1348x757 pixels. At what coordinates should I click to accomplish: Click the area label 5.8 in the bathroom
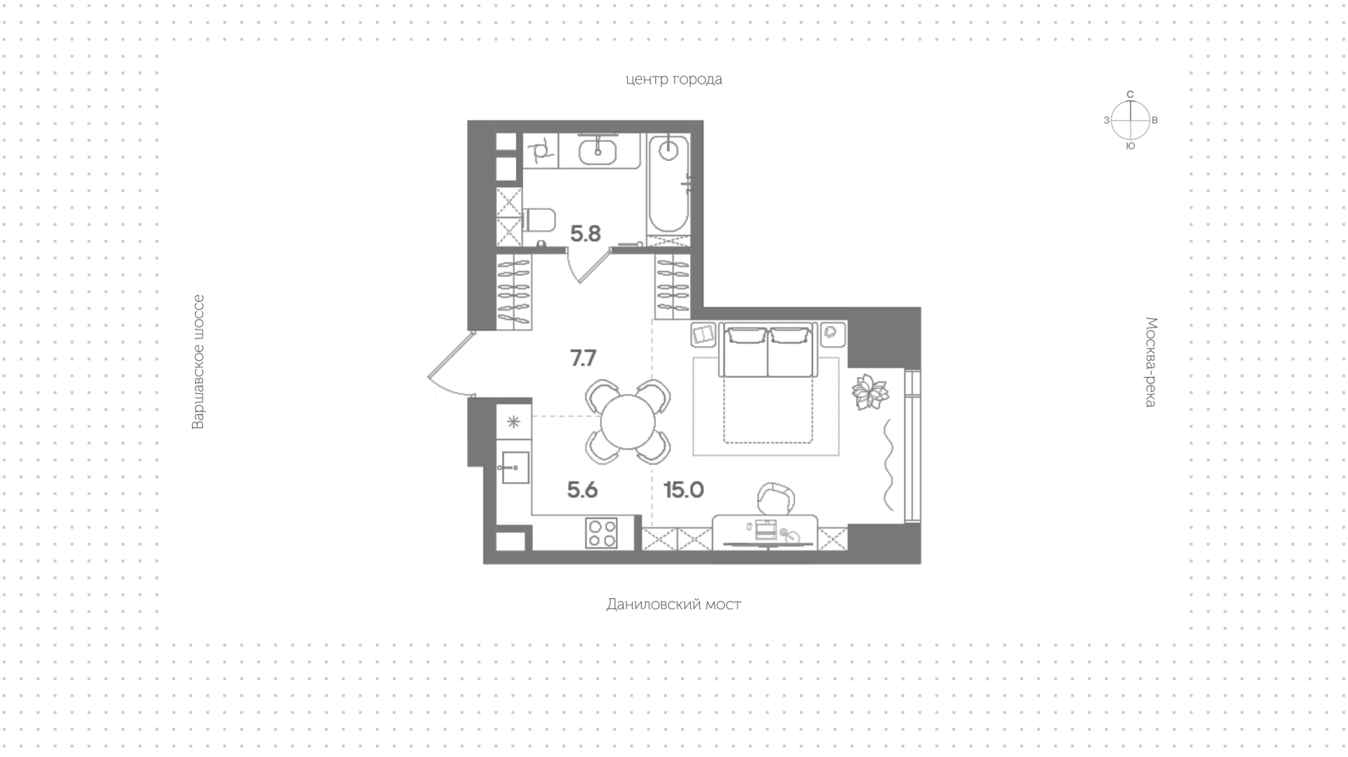tap(585, 233)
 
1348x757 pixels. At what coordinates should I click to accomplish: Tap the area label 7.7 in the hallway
tap(583, 358)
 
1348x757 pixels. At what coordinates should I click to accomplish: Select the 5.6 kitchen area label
tap(582, 489)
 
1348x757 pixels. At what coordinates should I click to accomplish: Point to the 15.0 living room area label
tap(683, 489)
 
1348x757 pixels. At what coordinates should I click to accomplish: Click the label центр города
tap(673, 79)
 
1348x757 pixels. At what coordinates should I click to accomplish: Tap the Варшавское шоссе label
tap(198, 362)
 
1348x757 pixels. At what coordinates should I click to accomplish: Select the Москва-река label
tap(1151, 362)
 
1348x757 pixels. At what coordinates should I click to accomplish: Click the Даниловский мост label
tap(673, 604)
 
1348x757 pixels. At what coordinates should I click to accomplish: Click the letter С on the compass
tap(1130, 94)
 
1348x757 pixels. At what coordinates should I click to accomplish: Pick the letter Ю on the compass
tap(1130, 146)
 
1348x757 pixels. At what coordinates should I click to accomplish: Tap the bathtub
tap(668, 184)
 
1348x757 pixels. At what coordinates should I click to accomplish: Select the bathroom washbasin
tap(599, 150)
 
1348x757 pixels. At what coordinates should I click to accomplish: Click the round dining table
tap(628, 422)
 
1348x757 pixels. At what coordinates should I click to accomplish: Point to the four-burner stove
tap(602, 532)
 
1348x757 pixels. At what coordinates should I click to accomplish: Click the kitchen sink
tap(515, 467)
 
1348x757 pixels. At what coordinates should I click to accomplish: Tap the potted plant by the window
tap(871, 392)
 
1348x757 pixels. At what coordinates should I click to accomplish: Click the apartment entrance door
tap(449, 365)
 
